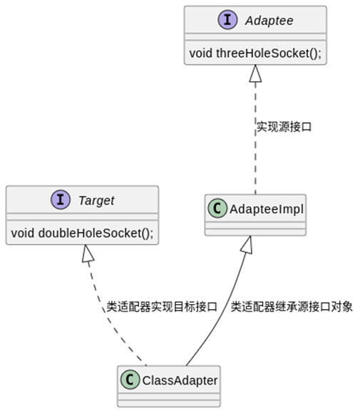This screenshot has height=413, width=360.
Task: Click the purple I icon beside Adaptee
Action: point(229,21)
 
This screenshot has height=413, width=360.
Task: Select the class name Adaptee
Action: point(269,21)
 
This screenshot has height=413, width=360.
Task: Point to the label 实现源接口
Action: point(284,127)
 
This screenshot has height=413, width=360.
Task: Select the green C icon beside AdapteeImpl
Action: point(217,209)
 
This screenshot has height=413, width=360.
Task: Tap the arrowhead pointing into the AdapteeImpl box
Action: point(246,244)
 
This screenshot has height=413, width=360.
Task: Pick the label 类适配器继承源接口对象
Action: point(291,307)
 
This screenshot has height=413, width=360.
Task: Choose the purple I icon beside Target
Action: point(61,201)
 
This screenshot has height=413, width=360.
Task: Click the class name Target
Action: point(96,201)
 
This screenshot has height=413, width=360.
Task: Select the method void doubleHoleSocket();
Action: point(82,232)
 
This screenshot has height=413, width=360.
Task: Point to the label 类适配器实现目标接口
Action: point(161,307)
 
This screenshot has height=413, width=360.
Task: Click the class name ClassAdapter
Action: point(180,380)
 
